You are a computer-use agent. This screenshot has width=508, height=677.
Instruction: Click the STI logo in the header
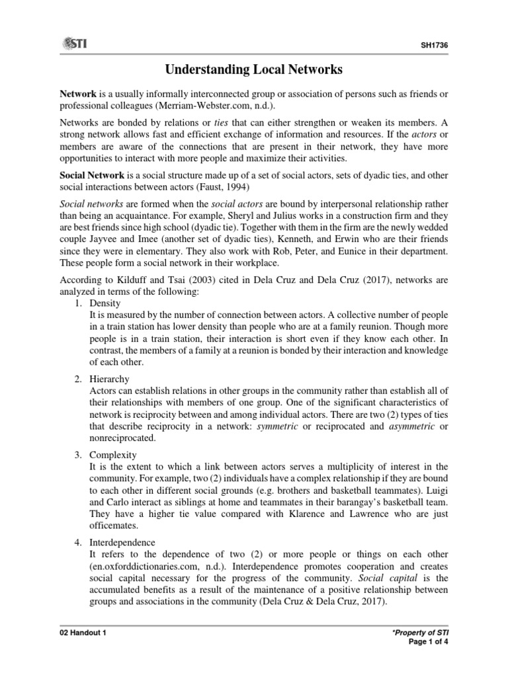point(76,44)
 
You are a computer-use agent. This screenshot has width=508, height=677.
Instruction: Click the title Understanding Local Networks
point(254,69)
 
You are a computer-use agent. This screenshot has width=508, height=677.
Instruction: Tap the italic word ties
point(215,123)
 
